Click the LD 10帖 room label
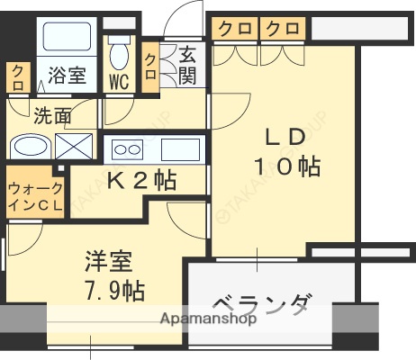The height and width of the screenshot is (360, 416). tap(285, 152)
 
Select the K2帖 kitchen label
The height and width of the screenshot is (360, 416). tap(140, 180)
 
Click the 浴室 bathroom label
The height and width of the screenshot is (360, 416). tap(67, 76)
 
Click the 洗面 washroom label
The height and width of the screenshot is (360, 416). tap(52, 115)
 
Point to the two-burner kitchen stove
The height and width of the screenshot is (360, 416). tap(125, 149)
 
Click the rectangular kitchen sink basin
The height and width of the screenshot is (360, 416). tap(180, 148)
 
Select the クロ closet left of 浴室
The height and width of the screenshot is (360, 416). tap(19, 77)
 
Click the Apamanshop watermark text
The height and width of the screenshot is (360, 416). tap(209, 319)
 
